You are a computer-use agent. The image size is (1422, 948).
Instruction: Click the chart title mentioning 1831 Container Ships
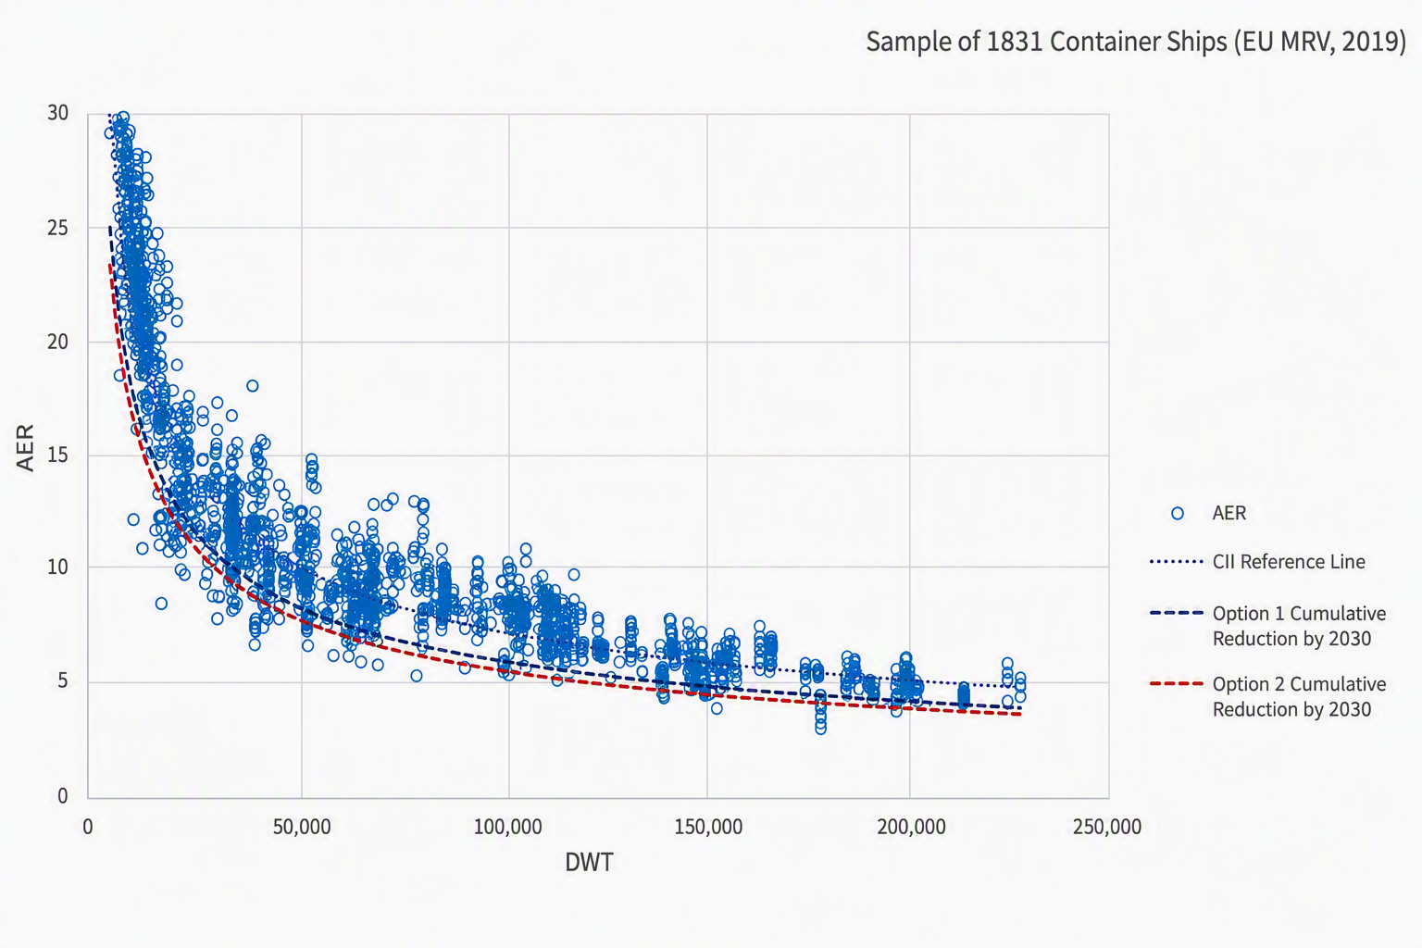pyautogui.click(x=1136, y=42)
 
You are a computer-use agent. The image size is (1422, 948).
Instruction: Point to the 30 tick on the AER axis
pyautogui.click(x=57, y=113)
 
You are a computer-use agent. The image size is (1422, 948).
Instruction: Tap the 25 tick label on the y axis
pyautogui.click(x=57, y=228)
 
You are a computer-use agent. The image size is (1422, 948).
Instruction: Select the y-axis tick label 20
pyautogui.click(x=57, y=343)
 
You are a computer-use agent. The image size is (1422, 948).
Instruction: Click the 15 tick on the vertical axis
pyautogui.click(x=57, y=455)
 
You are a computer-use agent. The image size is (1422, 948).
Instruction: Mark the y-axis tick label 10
pyautogui.click(x=57, y=567)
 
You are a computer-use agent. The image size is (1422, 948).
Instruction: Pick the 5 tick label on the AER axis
pyautogui.click(x=63, y=681)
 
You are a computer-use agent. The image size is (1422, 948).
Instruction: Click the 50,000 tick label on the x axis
pyautogui.click(x=302, y=827)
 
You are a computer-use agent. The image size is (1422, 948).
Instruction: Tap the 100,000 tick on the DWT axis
pyautogui.click(x=508, y=827)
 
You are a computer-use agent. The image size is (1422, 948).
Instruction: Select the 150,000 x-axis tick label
pyautogui.click(x=708, y=827)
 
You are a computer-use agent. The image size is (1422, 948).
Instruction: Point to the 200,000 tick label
pyautogui.click(x=911, y=827)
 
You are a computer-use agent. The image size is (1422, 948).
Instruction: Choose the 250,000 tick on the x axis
pyautogui.click(x=1107, y=827)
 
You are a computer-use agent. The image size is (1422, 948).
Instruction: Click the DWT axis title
pyautogui.click(x=589, y=863)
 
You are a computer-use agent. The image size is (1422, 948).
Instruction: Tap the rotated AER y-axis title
pyautogui.click(x=25, y=448)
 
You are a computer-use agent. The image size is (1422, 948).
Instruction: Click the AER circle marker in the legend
pyautogui.click(x=1177, y=513)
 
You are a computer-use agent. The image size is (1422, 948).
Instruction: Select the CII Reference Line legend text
pyautogui.click(x=1289, y=562)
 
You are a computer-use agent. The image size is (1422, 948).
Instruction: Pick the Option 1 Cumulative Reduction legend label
pyautogui.click(x=1300, y=626)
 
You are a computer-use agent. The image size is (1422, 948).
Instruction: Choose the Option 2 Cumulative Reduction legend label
pyautogui.click(x=1300, y=696)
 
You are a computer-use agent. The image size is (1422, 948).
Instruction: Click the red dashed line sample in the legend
pyautogui.click(x=1177, y=684)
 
